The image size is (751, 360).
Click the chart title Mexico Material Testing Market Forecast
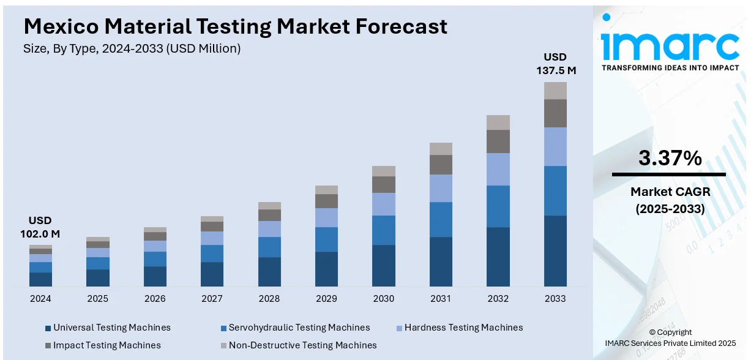[235, 26]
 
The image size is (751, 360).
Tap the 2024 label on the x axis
[40, 299]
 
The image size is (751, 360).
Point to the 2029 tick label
[326, 299]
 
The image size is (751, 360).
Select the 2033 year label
[555, 299]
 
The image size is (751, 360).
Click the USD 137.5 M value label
[555, 64]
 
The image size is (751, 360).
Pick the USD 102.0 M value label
[40, 227]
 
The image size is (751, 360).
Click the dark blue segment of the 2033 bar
[555, 250]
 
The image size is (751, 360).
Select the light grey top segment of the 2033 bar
[555, 91]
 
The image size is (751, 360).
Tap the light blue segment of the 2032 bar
[498, 169]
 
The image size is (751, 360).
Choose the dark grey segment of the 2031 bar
[441, 165]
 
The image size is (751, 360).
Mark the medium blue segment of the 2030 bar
[384, 230]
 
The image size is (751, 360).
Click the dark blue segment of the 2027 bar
[212, 274]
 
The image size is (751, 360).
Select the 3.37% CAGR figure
[670, 159]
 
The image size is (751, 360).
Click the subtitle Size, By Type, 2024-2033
[132, 49]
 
